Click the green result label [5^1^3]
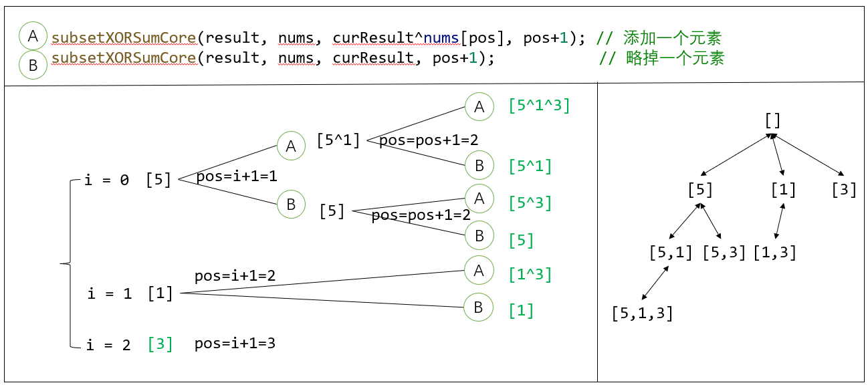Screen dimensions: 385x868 coord(539,106)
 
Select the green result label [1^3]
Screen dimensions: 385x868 coord(530,274)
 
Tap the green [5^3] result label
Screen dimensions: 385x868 coord(530,203)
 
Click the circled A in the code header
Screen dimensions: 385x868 coord(33,36)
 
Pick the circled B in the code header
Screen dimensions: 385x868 coord(33,64)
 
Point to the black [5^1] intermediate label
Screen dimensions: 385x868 coord(338,141)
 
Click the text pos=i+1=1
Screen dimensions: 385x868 coord(236,177)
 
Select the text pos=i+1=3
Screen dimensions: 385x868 coord(235,344)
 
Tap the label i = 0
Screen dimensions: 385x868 coord(107,180)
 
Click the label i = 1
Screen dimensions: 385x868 coord(110,293)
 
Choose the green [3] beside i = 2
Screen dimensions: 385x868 coord(160,344)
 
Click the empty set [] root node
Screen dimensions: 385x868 coord(772,120)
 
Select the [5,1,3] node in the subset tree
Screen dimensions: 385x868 coord(642,313)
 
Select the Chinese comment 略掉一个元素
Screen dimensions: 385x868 coord(675,58)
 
